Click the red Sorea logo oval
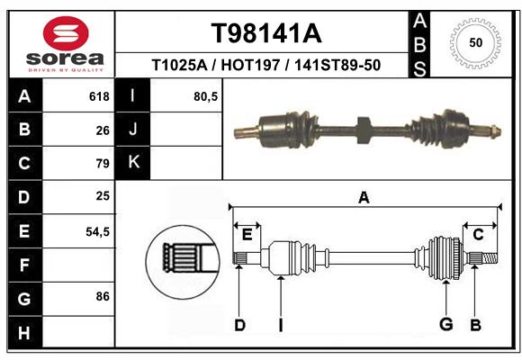click(66, 32)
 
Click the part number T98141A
click(266, 33)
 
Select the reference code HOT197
click(250, 65)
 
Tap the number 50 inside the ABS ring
click(476, 42)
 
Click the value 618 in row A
click(99, 96)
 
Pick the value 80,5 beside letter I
click(205, 96)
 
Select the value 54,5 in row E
click(97, 232)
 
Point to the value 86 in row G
click(103, 296)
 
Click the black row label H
click(24, 332)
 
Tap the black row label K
click(133, 162)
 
